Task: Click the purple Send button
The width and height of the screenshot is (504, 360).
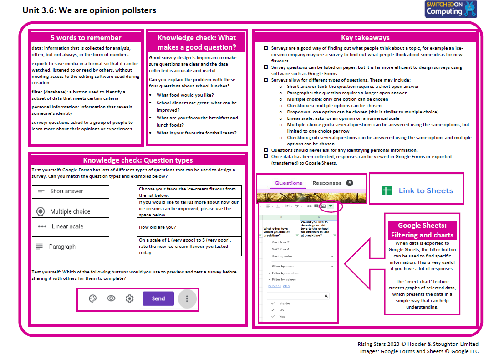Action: [158, 298]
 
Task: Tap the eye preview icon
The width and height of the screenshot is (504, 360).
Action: [111, 298]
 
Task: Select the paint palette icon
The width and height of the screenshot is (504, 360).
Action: [92, 298]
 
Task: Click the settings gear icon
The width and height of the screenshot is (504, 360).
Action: [130, 298]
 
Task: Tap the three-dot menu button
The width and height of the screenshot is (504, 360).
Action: [187, 299]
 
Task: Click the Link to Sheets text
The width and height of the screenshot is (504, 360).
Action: [426, 190]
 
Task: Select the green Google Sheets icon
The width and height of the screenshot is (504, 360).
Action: [387, 190]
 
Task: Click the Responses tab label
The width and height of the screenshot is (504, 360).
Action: [326, 183]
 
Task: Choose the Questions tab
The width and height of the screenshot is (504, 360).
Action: [288, 183]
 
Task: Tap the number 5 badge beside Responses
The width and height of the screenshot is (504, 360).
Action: [350, 183]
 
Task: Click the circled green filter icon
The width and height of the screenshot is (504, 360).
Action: [331, 206]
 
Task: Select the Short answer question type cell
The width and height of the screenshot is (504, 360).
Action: [71, 191]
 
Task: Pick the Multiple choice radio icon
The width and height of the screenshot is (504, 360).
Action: [41, 211]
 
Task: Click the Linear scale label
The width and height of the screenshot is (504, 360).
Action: [67, 226]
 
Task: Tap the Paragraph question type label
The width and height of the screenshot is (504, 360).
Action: [62, 247]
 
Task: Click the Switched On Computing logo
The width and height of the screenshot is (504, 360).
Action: [450, 9]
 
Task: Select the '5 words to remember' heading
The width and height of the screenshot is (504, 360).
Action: [86, 38]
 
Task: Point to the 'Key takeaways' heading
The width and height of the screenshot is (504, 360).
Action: [365, 38]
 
